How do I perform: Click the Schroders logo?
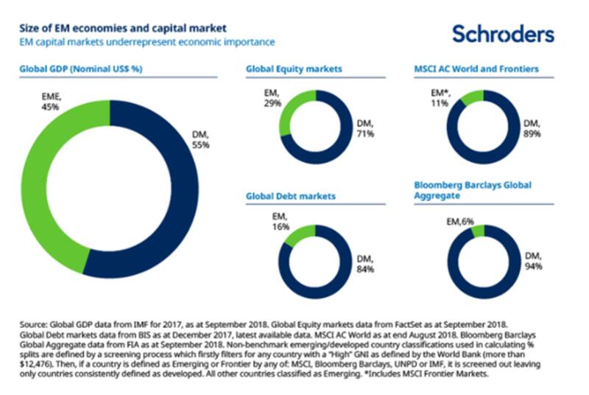click(503, 34)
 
